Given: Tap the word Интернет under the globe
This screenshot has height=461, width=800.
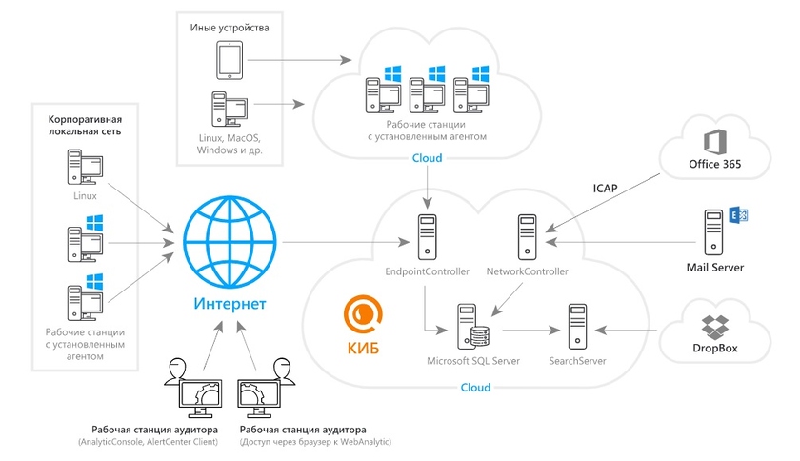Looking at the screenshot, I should pyautogui.click(x=230, y=305).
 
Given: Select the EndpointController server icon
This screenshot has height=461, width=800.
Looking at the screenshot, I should pyautogui.click(x=427, y=235).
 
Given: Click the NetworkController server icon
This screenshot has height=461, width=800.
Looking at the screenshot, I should pyautogui.click(x=527, y=235).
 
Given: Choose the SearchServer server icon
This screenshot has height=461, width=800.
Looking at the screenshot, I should pyautogui.click(x=577, y=325).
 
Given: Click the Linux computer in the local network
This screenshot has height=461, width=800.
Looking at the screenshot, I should pyautogui.click(x=85, y=169).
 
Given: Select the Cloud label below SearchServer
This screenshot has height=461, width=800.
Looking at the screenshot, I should pyautogui.click(x=475, y=388).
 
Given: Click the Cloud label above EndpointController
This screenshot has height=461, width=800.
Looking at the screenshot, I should pyautogui.click(x=427, y=159).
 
